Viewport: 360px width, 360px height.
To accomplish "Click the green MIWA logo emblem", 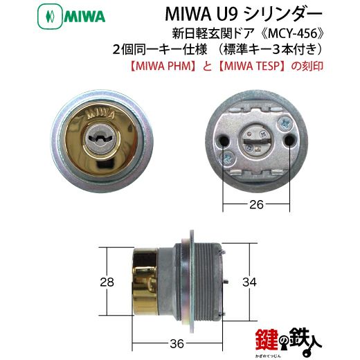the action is [x=50, y=17].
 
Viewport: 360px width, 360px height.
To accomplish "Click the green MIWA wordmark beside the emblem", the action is [x=84, y=17].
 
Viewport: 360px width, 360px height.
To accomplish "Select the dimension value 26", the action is [x=256, y=204].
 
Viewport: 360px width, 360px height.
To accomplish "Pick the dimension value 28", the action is [x=107, y=282].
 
